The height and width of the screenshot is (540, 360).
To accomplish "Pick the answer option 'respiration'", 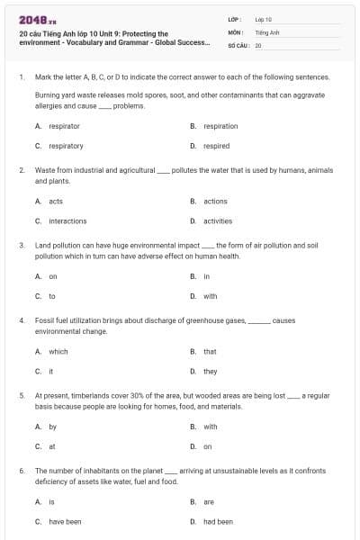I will point(220,126).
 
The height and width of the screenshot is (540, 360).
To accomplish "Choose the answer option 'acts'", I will point(56,201).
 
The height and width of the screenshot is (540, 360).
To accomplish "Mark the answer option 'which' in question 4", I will point(58,351).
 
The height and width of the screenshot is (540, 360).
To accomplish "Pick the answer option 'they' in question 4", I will point(210,371).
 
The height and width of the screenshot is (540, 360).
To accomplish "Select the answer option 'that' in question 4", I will point(210,351).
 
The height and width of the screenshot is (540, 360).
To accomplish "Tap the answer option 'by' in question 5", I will point(52,427).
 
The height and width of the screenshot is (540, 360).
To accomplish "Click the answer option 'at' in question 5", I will point(52,445).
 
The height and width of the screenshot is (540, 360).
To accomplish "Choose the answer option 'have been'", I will point(65,521).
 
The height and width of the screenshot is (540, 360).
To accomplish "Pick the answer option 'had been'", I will point(218,521).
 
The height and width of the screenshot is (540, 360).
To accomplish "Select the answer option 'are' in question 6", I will point(209,501).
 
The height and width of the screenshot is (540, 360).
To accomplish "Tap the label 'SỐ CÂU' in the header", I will point(238,44).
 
